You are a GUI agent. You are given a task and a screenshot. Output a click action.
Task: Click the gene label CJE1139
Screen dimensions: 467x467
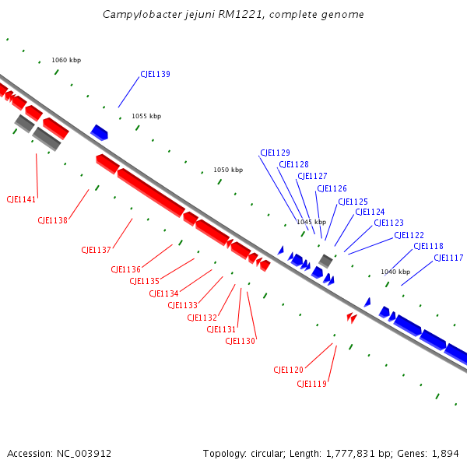click(x=155, y=75)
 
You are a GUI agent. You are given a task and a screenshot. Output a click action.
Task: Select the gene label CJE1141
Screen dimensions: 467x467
click(x=21, y=200)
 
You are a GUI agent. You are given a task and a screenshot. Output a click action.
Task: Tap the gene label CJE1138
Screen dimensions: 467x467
click(x=53, y=221)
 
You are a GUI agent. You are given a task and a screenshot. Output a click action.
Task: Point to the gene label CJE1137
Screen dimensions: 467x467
click(x=97, y=250)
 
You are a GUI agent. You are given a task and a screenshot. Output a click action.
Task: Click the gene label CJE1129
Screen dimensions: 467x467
click(x=275, y=153)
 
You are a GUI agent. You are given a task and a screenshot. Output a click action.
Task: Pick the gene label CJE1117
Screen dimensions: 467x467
click(x=448, y=258)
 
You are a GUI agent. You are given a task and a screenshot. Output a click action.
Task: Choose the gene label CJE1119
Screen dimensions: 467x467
click(x=311, y=384)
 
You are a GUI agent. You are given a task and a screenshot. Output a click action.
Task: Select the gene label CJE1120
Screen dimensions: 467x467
click(x=288, y=370)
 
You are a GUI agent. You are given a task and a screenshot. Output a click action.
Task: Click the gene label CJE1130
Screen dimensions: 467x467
click(x=241, y=341)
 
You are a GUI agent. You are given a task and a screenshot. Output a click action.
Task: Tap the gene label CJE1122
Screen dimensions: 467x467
click(x=409, y=236)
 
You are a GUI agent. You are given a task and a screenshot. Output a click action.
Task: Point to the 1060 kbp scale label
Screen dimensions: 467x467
click(x=66, y=60)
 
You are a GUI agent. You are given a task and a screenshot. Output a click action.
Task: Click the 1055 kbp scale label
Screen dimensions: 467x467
click(x=146, y=116)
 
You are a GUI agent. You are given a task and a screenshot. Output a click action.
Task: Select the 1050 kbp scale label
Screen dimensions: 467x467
click(x=228, y=170)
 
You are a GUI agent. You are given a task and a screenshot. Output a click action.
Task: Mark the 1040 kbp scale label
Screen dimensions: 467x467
click(x=395, y=272)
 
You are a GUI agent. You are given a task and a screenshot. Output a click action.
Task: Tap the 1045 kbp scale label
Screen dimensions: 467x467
click(x=311, y=222)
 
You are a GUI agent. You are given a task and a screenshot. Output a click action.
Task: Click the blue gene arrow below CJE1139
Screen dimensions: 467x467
click(x=99, y=132)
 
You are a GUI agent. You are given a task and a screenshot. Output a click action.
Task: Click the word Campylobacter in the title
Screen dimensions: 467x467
click(x=139, y=15)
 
